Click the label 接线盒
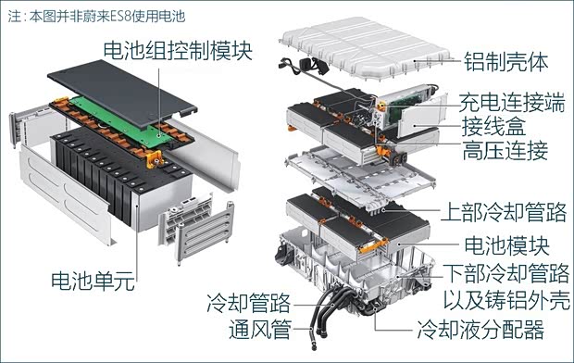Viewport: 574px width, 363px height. coord(489,125)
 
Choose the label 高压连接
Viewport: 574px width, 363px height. coord(500,149)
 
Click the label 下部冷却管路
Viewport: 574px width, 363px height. coord(505,273)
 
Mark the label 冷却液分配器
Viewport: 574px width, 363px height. coord(480,329)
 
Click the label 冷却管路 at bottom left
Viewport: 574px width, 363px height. coord(248,302)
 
